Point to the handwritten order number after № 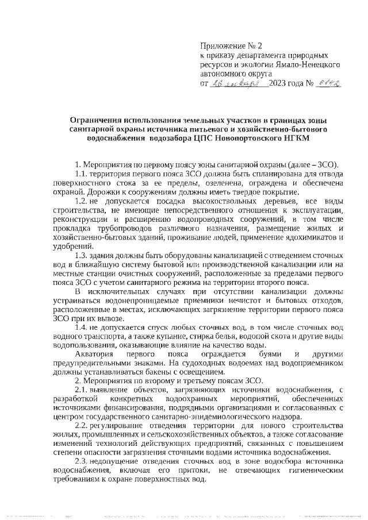tap(330, 84)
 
